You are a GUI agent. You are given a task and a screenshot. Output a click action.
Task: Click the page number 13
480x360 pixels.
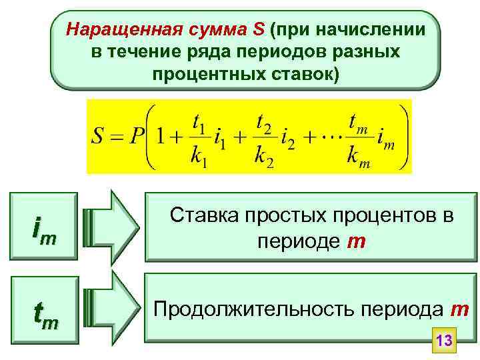(444, 341)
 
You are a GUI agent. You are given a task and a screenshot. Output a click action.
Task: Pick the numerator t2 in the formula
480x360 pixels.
(264, 125)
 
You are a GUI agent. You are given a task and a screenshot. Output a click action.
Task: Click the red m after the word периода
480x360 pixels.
(459, 310)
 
